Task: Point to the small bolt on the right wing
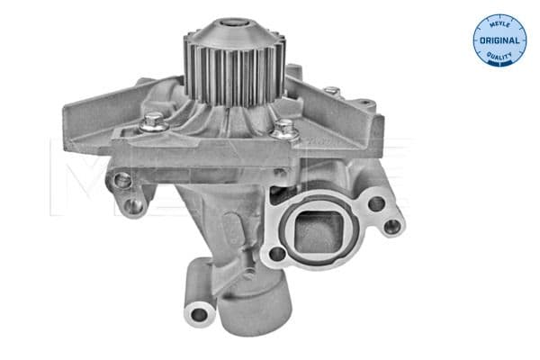pyautogui.click(x=332, y=92)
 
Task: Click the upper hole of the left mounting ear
pyautogui.click(x=122, y=181)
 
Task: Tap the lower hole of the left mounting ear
pyautogui.click(x=136, y=206)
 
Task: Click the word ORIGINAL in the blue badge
pyautogui.click(x=499, y=41)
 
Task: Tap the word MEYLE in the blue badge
pyautogui.click(x=500, y=23)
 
